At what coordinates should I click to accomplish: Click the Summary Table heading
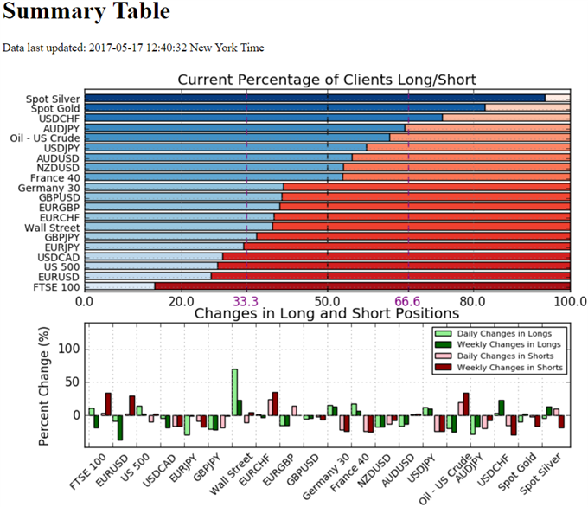click(x=86, y=14)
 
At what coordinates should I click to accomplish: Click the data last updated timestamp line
click(x=134, y=48)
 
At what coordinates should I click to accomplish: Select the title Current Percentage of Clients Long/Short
click(x=327, y=80)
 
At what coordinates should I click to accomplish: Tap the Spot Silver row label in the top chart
click(x=55, y=99)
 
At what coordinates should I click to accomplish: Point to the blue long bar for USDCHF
click(x=264, y=119)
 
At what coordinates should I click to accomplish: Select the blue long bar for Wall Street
click(x=179, y=227)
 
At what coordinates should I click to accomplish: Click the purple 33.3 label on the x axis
click(x=246, y=301)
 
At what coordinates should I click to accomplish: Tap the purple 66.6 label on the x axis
click(x=408, y=301)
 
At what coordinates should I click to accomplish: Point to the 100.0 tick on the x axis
click(x=570, y=301)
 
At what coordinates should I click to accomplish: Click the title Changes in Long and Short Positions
click(x=327, y=314)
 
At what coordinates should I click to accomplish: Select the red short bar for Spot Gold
click(x=536, y=420)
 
